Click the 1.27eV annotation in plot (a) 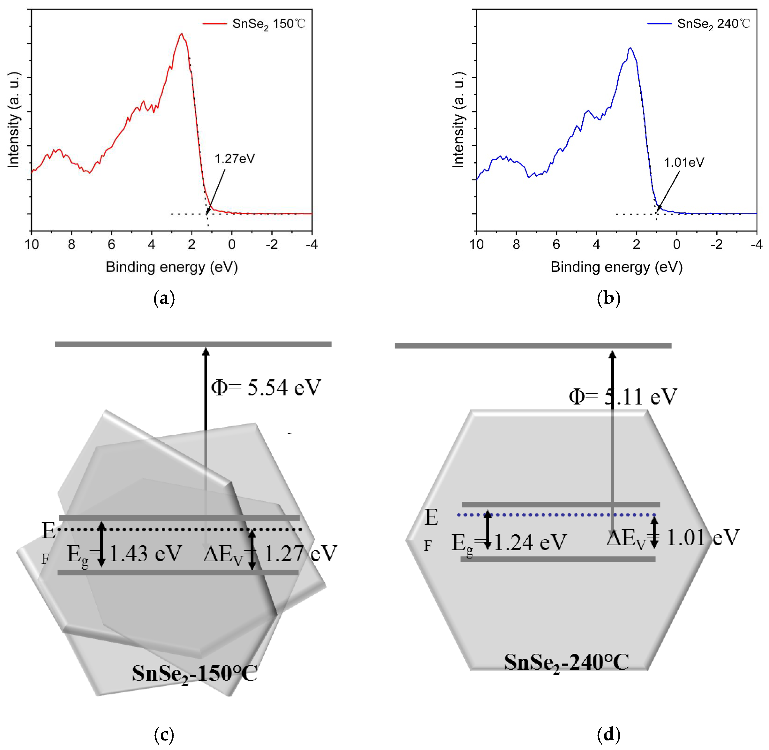pyautogui.click(x=235, y=159)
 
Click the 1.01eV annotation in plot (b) pyautogui.click(x=684, y=162)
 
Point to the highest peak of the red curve pyautogui.click(x=182, y=34)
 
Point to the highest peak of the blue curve pyautogui.click(x=631, y=48)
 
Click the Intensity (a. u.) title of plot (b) pyautogui.click(x=458, y=120)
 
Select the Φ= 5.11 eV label pyautogui.click(x=622, y=396)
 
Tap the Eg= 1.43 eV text pyautogui.click(x=124, y=554)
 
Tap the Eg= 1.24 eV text pyautogui.click(x=509, y=543)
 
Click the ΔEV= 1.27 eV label pyautogui.click(x=270, y=554)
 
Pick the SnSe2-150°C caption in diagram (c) pyautogui.click(x=194, y=674)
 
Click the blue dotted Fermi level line pyautogui.click(x=556, y=515)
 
